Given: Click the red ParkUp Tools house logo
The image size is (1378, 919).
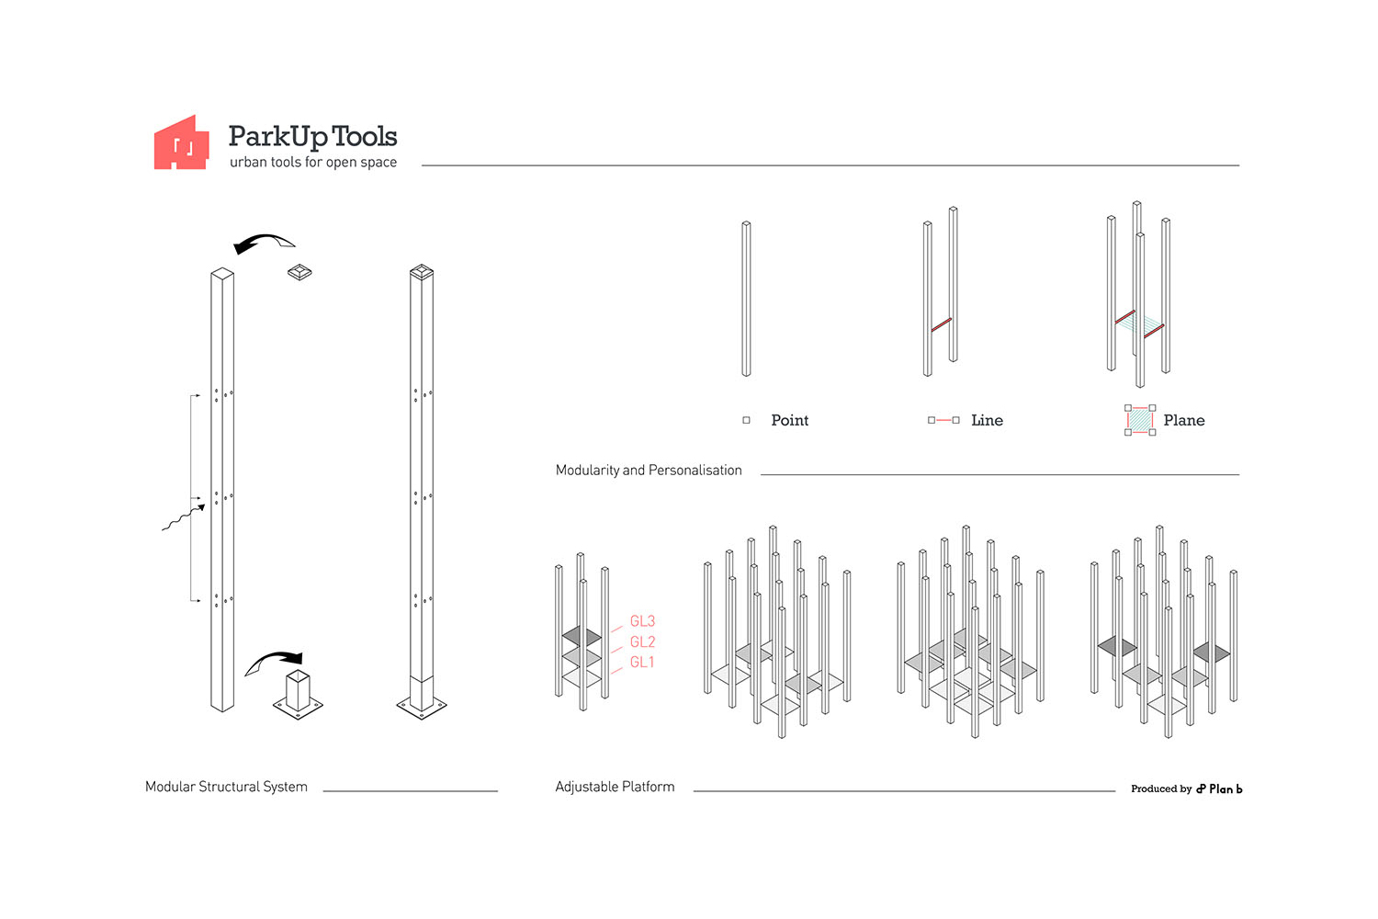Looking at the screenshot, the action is point(181,144).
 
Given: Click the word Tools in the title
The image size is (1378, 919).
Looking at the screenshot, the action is point(364,137).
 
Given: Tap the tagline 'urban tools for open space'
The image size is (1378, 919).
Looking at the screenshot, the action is point(313,162).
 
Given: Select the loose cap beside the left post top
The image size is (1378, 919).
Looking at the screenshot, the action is point(299,272).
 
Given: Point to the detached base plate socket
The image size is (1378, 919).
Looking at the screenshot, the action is point(298,695).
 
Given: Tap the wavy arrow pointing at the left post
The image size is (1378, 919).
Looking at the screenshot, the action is point(184,518).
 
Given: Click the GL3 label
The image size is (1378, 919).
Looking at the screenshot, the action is point(642,621).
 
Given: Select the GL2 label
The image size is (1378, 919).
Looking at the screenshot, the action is point(642,642).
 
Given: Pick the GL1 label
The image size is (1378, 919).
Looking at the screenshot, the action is point(641,663).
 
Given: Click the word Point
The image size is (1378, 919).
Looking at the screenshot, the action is point(790,420).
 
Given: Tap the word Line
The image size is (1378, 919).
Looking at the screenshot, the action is point(987,420).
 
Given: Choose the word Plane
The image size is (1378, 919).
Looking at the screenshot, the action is point(1183,420).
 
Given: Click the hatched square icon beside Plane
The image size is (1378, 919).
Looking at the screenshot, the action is point(1140,420).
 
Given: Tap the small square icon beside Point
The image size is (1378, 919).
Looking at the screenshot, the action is point(746,420).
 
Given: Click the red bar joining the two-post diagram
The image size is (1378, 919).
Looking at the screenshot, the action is point(942,324).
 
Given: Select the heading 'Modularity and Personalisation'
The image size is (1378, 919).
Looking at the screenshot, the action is point(649,471).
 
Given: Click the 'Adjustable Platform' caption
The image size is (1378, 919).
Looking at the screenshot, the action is point(615,787).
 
